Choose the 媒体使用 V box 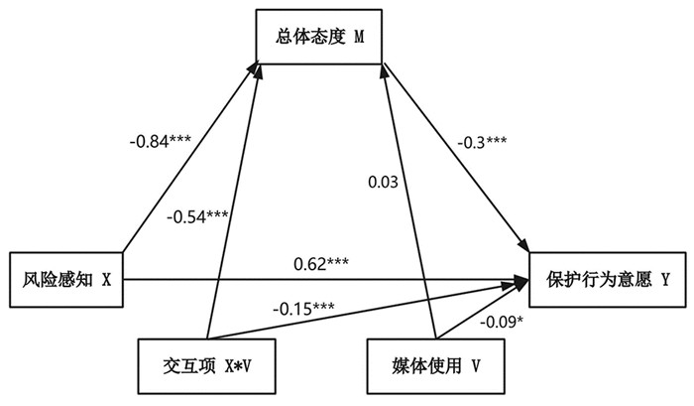(433, 364)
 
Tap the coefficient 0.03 (383, 182)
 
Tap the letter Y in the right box (666, 280)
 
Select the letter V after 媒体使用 (477, 364)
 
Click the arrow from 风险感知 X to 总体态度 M (188, 159)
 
